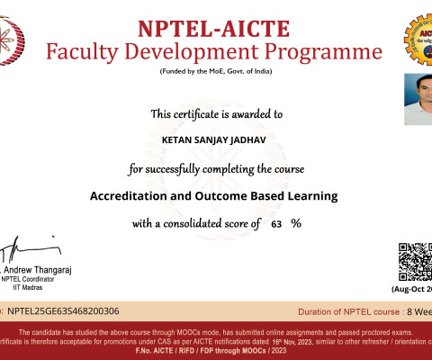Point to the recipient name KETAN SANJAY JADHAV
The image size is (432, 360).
(215, 140)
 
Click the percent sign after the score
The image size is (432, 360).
(295, 223)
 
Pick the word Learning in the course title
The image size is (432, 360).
(307, 195)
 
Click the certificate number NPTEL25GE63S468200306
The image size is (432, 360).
(63, 310)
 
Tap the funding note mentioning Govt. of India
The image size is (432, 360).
(215, 71)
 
